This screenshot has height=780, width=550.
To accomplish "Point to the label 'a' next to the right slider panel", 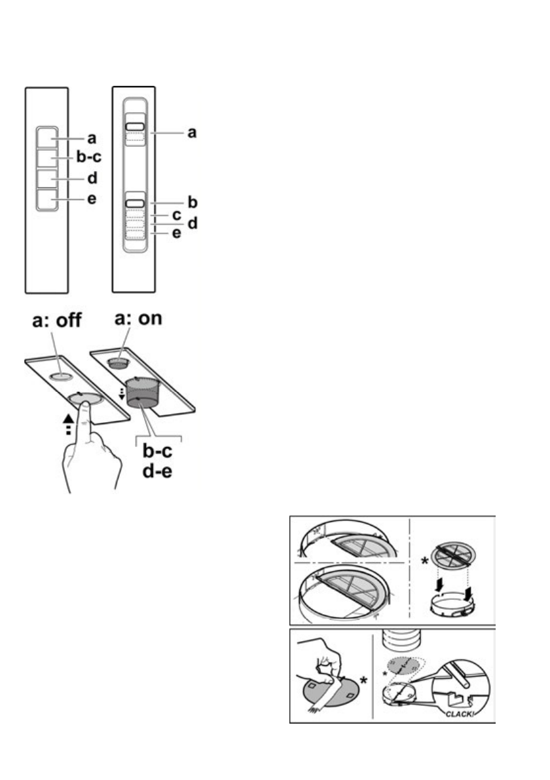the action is (x=192, y=133).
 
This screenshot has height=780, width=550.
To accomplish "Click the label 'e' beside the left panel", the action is (x=92, y=199).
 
